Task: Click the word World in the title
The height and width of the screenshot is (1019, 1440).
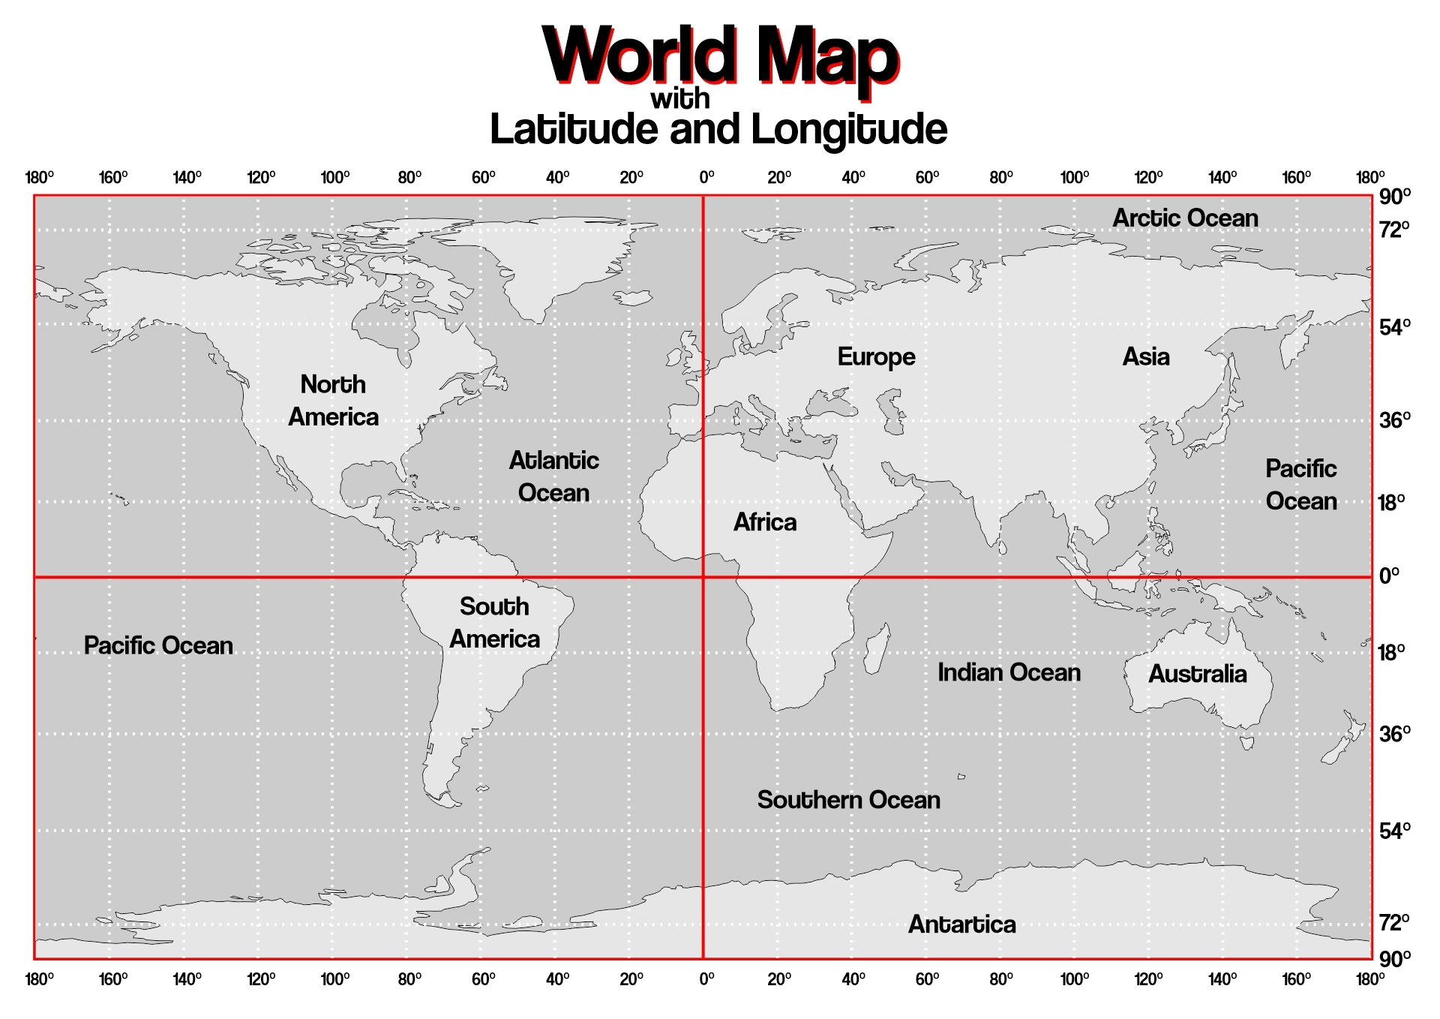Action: (x=639, y=56)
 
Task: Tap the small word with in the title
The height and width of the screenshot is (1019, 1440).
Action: (x=679, y=98)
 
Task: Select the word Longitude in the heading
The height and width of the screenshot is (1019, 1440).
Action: (x=849, y=129)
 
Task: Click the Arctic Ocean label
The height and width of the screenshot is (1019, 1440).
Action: (x=1185, y=218)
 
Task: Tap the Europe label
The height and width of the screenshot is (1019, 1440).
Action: (x=876, y=357)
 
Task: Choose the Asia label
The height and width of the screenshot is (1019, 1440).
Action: (x=1145, y=356)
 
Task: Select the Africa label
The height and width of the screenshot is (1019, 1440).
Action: (x=765, y=522)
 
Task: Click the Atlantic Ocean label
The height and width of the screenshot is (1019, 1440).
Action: (x=553, y=476)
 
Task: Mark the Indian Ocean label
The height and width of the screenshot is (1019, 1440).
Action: (x=1009, y=672)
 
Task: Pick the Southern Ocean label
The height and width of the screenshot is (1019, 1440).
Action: (x=848, y=800)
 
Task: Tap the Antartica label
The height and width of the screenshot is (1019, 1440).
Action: (x=961, y=924)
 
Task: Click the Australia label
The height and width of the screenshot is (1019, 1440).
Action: (x=1197, y=674)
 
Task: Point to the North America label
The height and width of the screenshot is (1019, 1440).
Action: (x=333, y=401)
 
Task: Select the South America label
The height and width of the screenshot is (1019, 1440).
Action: (x=494, y=623)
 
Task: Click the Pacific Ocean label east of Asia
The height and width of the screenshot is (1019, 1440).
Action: (x=1300, y=485)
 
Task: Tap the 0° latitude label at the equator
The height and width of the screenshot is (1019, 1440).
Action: (x=1389, y=576)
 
